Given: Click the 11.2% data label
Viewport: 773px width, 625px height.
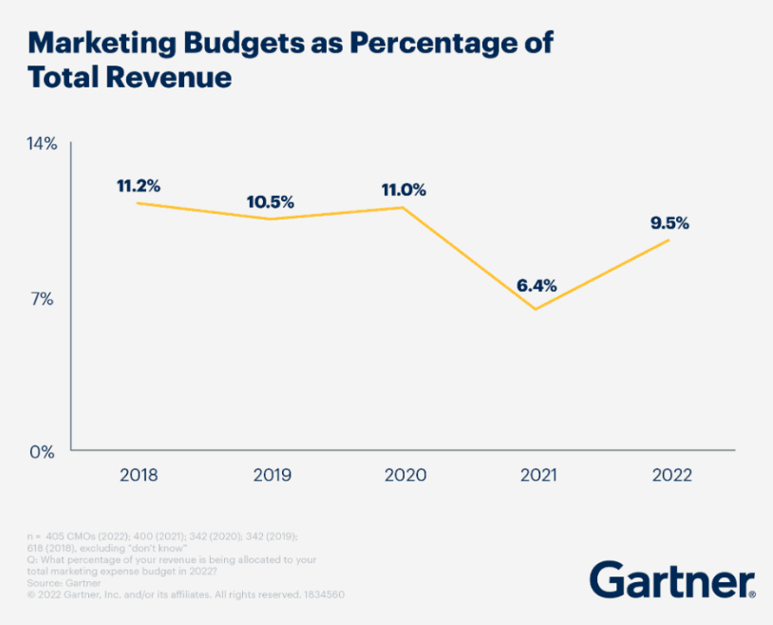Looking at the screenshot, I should [139, 186].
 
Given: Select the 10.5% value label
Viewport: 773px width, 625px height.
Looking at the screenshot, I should [271, 202].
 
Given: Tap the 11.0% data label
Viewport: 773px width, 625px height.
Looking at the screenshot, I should [404, 190].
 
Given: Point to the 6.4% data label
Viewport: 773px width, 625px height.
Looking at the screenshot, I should [537, 285].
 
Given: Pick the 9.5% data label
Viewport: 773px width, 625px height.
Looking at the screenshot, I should [669, 224].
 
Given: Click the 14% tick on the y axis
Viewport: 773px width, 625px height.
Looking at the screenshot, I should [43, 144].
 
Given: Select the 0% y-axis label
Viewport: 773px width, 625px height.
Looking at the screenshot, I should [43, 451].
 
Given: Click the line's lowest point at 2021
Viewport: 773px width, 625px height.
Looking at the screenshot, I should [537, 309].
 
